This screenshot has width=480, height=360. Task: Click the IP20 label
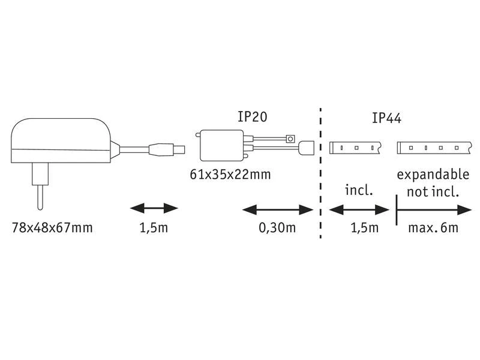(252, 116)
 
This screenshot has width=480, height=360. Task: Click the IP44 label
(386, 118)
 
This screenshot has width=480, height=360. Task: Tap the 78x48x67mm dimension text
(52, 228)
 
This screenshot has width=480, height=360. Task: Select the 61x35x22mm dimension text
(230, 175)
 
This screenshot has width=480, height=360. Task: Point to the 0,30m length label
(277, 228)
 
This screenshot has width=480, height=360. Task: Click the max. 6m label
(433, 228)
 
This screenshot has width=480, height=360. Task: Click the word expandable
(433, 175)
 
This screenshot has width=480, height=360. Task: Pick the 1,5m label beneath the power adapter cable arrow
(154, 228)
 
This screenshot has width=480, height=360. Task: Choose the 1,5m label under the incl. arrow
(365, 228)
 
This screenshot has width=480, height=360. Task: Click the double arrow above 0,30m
(278, 210)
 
